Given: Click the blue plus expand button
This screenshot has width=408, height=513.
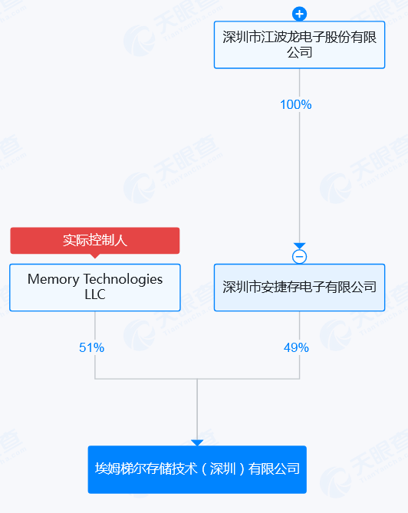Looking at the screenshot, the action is click(x=299, y=14).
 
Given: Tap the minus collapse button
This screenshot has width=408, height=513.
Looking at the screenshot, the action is click(x=299, y=256).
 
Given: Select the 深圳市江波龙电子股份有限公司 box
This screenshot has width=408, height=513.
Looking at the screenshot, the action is click(x=299, y=44).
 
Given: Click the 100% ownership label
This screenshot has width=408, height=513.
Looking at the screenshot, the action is click(x=296, y=105).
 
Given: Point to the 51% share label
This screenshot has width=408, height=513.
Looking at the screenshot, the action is click(x=91, y=347).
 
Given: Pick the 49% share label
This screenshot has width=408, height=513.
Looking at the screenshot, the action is click(x=296, y=347).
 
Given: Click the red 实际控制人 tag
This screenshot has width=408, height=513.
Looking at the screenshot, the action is click(x=95, y=241).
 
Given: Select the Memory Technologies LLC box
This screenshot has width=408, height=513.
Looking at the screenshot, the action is click(x=95, y=288).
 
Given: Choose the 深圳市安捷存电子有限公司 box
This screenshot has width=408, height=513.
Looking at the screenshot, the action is click(x=299, y=288).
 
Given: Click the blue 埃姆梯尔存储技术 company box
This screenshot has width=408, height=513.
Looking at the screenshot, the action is click(x=197, y=469).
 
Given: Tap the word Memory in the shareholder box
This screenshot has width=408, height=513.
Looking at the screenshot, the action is click(x=54, y=280).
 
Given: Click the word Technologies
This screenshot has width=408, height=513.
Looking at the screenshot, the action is click(x=123, y=280).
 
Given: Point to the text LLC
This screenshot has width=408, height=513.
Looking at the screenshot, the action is click(x=95, y=294).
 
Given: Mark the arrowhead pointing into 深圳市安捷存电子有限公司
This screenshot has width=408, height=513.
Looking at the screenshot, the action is click(x=299, y=246).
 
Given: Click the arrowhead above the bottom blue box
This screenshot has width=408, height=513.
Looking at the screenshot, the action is click(x=197, y=442).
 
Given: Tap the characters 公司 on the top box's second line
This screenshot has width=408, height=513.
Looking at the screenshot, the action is click(x=299, y=52).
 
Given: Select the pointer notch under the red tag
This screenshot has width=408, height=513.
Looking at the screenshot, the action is click(x=95, y=256).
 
